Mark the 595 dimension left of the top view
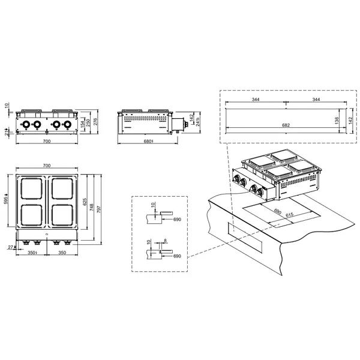coord(7,201)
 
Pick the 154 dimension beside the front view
coord(82,124)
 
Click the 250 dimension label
coord(88,122)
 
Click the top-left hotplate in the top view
coord(33,189)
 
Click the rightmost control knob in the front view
coord(67,125)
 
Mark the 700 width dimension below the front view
coord(46,142)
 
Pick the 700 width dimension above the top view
coord(46,166)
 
